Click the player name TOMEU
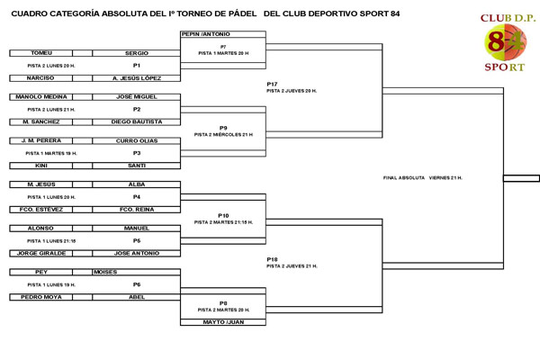point(41,53)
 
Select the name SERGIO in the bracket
point(137,53)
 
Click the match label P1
point(137,66)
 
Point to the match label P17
point(273,84)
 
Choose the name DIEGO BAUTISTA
point(137,121)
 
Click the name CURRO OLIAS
point(137,140)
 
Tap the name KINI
point(41,166)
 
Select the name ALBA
point(137,184)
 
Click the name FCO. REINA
point(137,209)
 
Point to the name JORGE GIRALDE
point(41,253)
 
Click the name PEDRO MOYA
point(41,297)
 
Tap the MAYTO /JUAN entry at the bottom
point(223,321)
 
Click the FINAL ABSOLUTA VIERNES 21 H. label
point(422,178)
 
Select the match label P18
point(273,259)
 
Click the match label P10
point(223,215)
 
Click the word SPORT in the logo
point(504,66)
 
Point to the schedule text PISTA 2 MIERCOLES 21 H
point(223,134)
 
